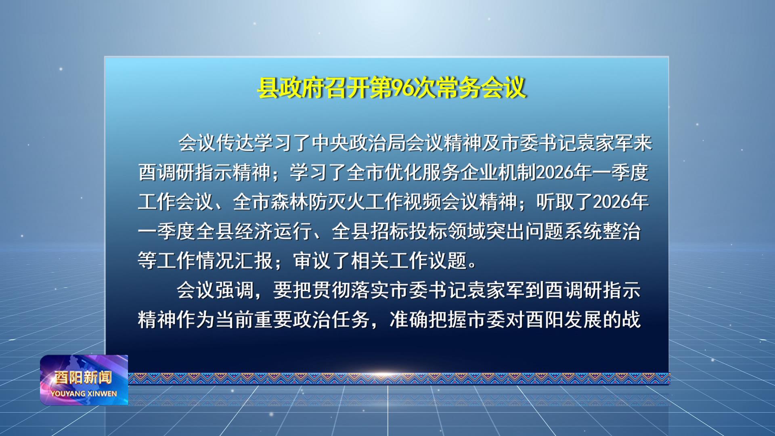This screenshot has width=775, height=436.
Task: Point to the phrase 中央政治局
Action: point(359,143)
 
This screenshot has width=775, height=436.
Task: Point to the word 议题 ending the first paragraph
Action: point(448,261)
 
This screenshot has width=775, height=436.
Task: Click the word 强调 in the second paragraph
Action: point(235,290)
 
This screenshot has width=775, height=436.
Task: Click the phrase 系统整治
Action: point(602,231)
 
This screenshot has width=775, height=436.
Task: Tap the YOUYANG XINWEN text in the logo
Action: point(84,394)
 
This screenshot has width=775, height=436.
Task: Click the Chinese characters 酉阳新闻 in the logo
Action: point(83,377)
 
